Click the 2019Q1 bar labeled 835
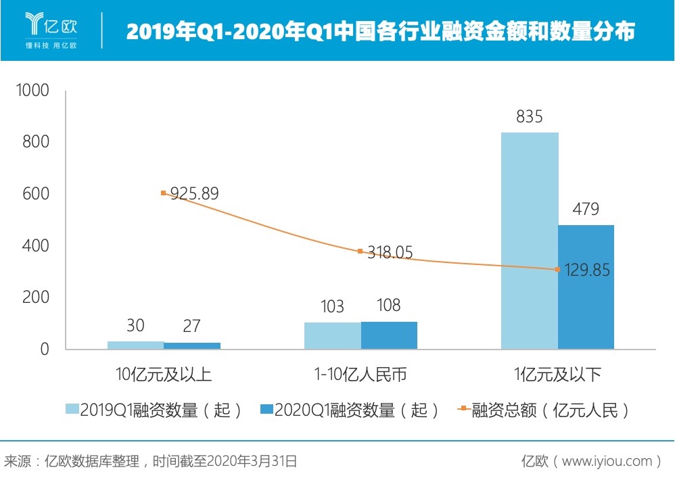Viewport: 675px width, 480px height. (x=530, y=241)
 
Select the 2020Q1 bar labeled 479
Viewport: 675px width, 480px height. (x=586, y=287)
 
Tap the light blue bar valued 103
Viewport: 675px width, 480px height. (x=332, y=336)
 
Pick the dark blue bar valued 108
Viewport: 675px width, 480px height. (x=389, y=335)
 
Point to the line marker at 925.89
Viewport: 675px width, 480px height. (x=163, y=193)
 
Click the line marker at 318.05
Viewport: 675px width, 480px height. (x=360, y=251)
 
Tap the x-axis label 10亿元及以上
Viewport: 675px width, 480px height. (x=164, y=374)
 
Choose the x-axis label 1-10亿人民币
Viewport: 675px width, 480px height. (x=360, y=374)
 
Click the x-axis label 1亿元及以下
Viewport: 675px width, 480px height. (x=557, y=374)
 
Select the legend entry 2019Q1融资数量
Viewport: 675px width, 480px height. (x=154, y=410)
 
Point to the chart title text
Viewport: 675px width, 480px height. (x=381, y=31)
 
